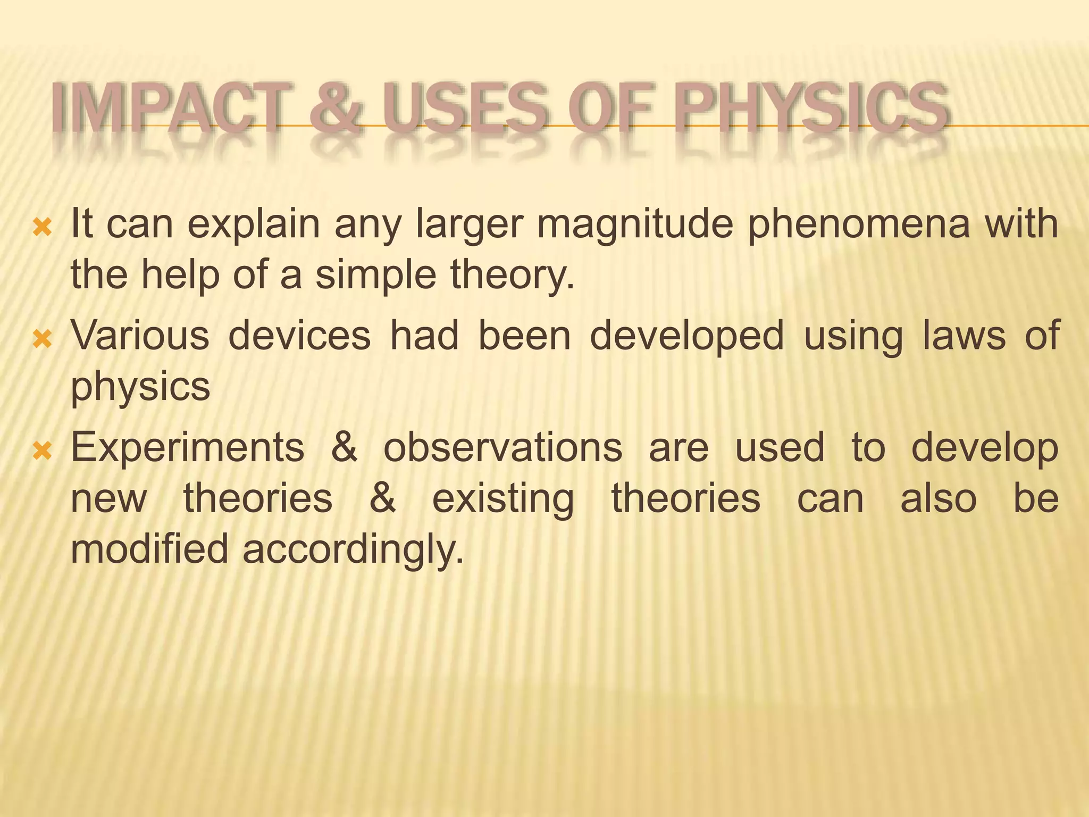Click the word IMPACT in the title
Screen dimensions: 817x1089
(165, 109)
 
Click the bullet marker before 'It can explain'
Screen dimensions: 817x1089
(42, 228)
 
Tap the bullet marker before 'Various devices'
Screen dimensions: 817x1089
(42, 339)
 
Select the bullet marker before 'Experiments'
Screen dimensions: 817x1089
(42, 452)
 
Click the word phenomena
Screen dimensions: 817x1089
(859, 225)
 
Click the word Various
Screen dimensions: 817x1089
(140, 336)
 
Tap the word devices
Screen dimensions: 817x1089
(299, 336)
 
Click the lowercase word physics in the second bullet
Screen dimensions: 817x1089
(140, 387)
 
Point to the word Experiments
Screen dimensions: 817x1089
(188, 448)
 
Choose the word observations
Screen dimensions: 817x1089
(502, 448)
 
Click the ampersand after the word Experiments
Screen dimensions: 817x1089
(344, 448)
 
